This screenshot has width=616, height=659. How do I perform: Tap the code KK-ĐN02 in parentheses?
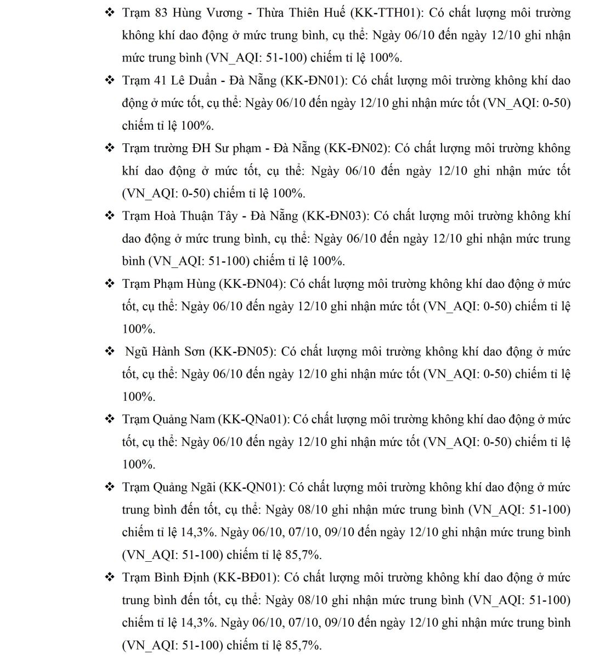(357, 148)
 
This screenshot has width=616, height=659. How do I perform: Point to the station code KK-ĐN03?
(335, 216)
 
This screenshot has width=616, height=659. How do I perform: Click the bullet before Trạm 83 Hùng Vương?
(109, 13)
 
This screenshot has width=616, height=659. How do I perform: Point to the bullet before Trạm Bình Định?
(109, 578)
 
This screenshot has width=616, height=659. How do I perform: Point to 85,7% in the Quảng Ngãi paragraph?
(303, 555)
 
